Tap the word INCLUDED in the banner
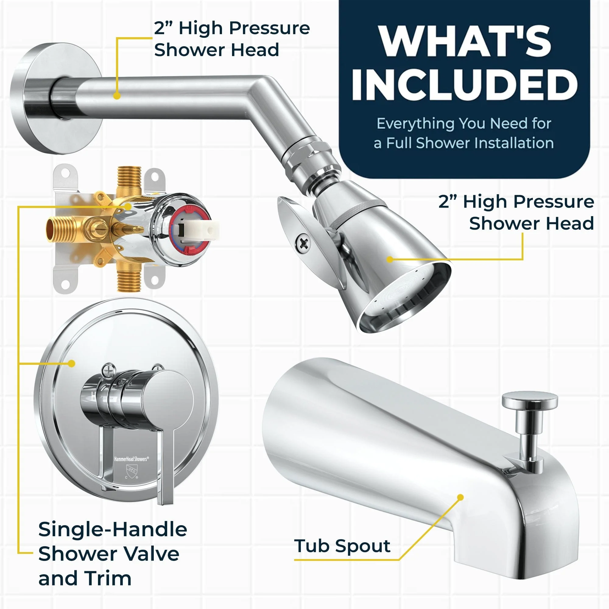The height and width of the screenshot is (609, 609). point(464,84)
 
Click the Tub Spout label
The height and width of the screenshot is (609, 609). point(342,546)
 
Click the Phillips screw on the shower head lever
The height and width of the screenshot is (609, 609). point(303,243)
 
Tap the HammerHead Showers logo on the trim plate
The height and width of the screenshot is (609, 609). point(131,459)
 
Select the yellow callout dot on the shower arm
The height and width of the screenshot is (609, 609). point(117,96)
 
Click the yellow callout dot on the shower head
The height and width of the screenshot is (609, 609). point(390,259)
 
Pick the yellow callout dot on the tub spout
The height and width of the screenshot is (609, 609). point(460,498)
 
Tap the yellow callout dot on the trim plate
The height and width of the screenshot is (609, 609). point(72,364)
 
